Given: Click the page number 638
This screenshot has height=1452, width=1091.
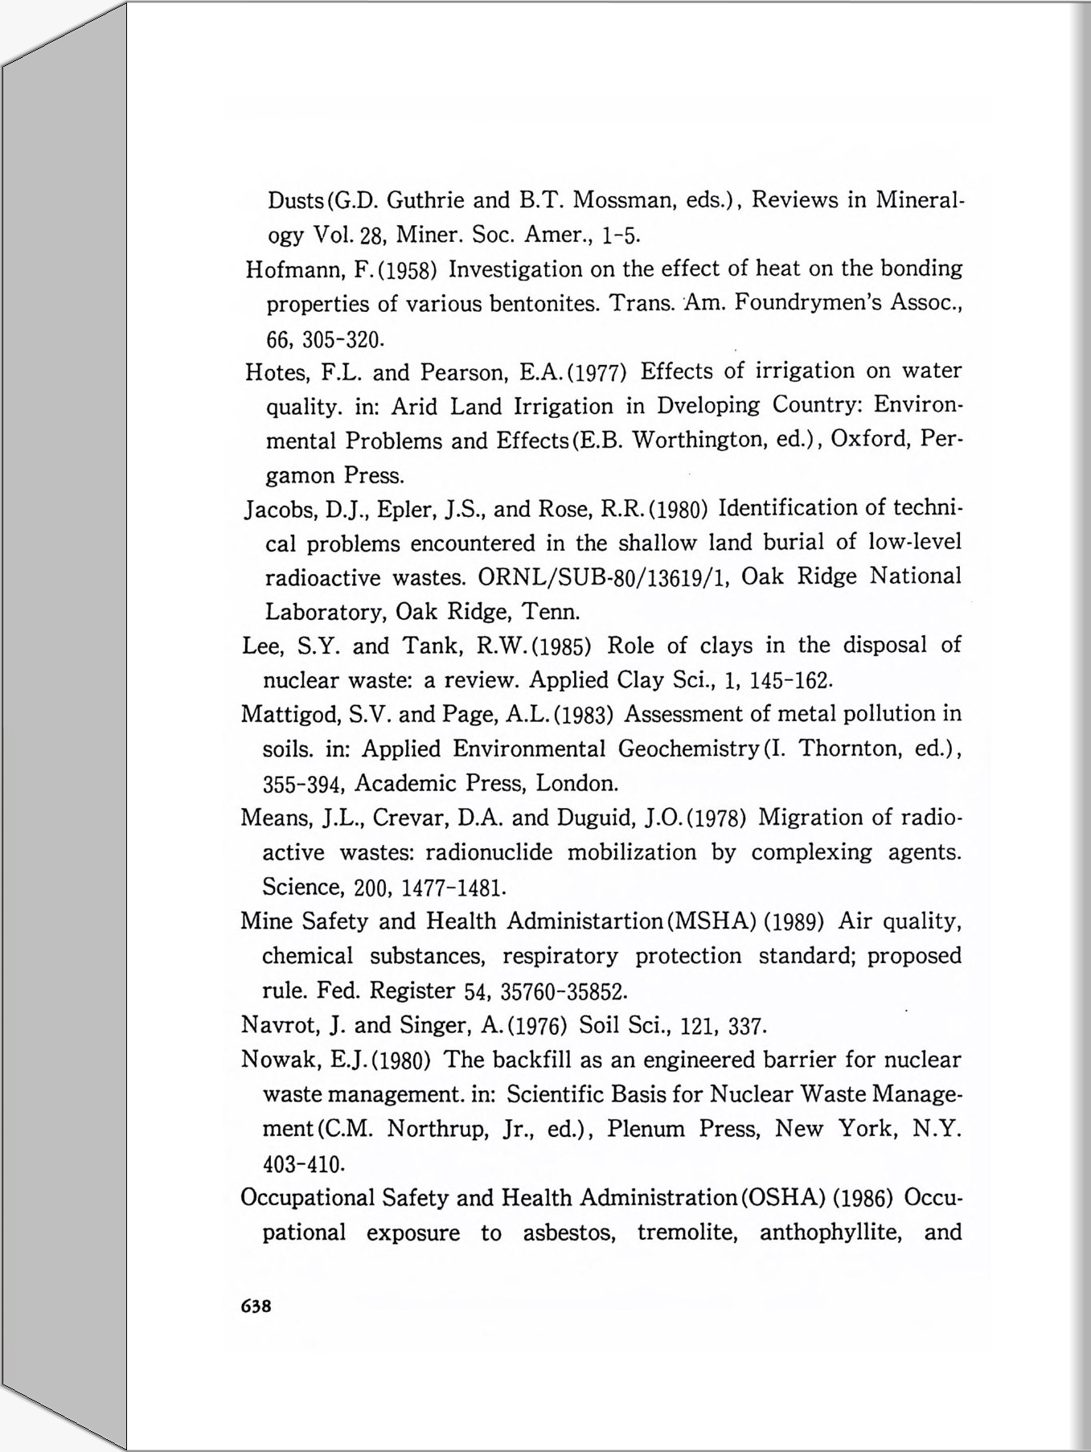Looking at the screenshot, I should (x=256, y=1306).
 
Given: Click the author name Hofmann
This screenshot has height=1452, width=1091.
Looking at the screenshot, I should (x=294, y=269).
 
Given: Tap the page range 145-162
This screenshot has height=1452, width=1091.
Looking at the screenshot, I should (x=790, y=682).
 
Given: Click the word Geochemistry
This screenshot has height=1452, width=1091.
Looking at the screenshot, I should (x=688, y=749).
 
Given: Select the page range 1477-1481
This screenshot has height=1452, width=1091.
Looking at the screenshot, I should (x=453, y=888).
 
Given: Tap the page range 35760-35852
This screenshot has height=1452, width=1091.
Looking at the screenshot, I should (x=564, y=991).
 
